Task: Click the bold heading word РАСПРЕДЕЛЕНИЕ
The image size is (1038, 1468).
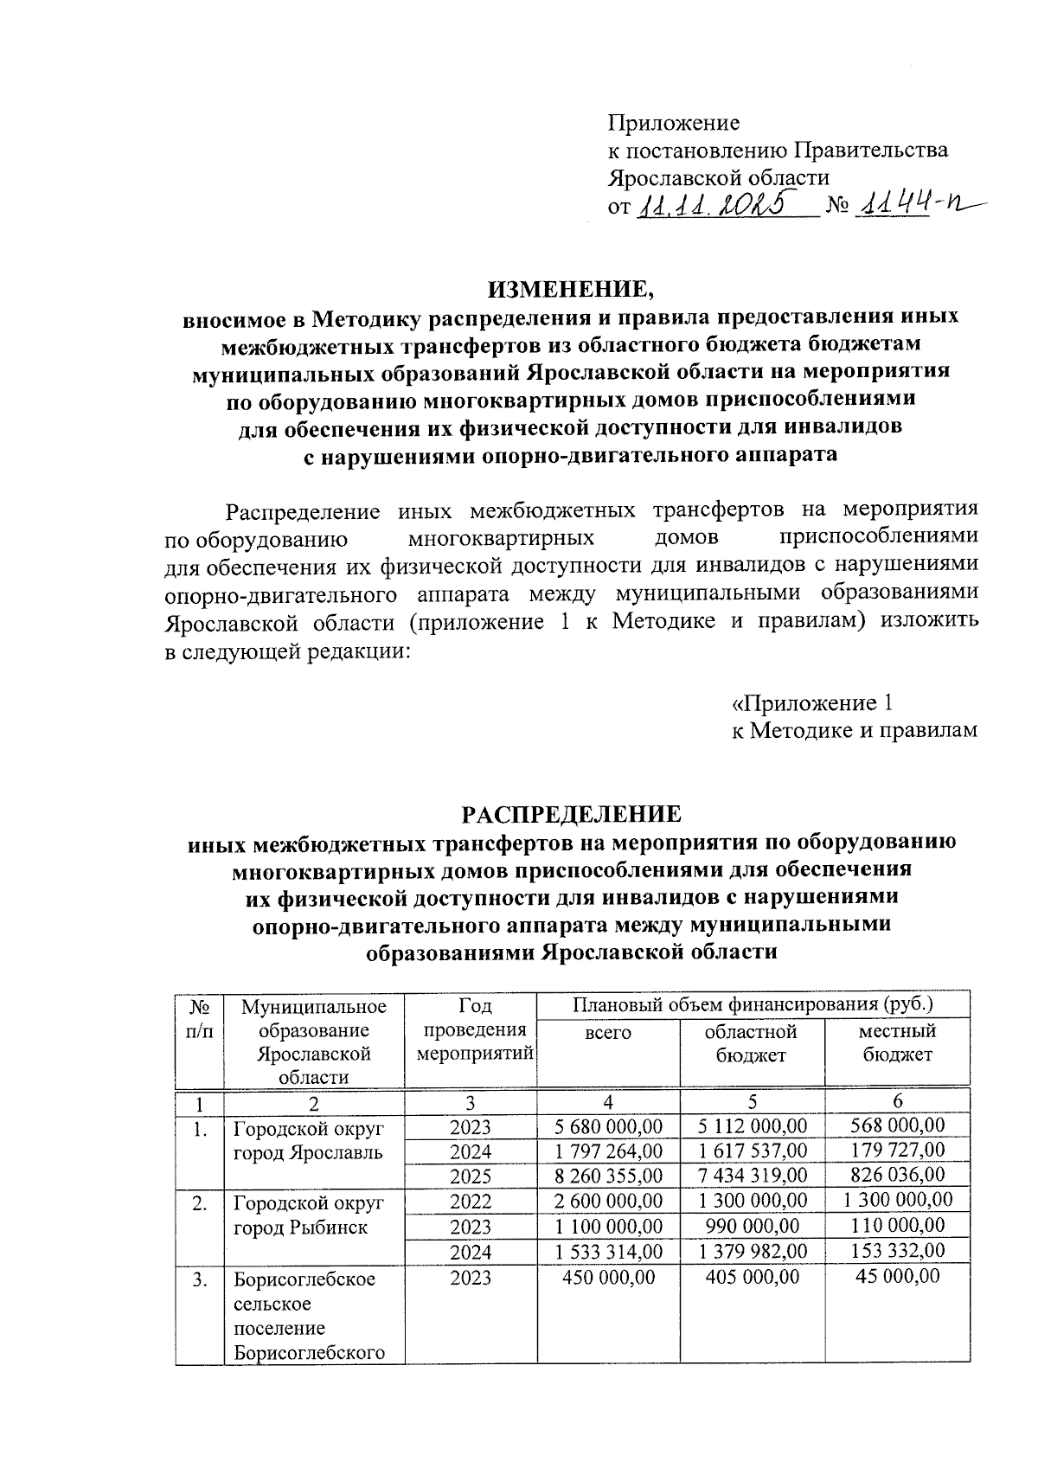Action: pyautogui.click(x=571, y=815)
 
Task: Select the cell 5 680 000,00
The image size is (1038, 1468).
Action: pyautogui.click(x=608, y=1126)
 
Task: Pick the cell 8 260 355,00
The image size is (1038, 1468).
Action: pyautogui.click(x=608, y=1176)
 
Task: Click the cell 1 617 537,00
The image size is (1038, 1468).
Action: pyautogui.click(x=753, y=1151)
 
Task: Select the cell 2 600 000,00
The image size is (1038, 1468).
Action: pyautogui.click(x=608, y=1202)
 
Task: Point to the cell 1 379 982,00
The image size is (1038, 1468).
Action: pyautogui.click(x=753, y=1251)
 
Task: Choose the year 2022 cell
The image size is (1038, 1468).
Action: pyautogui.click(x=471, y=1202)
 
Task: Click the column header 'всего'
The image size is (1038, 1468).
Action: pyautogui.click(x=608, y=1033)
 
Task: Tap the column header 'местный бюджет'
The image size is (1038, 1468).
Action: pyautogui.click(x=898, y=1042)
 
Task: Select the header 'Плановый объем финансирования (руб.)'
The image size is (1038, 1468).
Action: pyautogui.click(x=753, y=1005)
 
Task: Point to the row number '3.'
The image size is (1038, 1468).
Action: pyautogui.click(x=200, y=1279)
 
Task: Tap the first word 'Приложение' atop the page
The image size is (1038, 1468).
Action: pyautogui.click(x=674, y=122)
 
